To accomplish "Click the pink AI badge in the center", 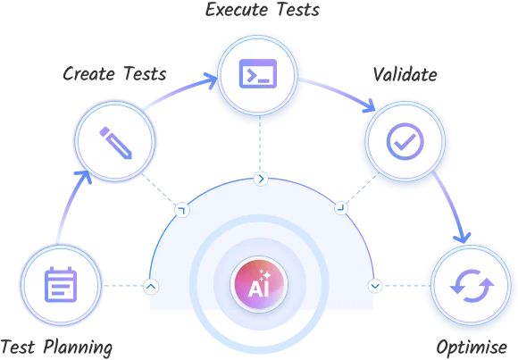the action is point(259,284).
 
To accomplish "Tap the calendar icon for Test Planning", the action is point(61,285).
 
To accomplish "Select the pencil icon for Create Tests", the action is point(115,142).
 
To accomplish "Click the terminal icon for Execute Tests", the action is point(258,74).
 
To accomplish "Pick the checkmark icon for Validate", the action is point(405,141).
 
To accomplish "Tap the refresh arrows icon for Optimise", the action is point(472,286).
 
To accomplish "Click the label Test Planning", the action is point(56,347).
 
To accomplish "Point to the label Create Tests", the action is point(114,74).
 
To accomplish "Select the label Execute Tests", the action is point(263,10).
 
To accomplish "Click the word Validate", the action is point(405,74).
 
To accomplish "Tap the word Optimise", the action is point(472,347).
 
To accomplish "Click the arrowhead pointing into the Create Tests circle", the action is point(84,177).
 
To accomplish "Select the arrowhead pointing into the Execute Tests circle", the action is point(210,80).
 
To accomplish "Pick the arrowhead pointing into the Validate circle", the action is point(368,106).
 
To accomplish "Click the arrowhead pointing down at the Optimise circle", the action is point(463,237).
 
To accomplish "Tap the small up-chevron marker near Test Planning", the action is point(151,286).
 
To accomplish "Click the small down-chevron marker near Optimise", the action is point(375,285).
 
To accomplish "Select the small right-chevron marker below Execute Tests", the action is point(261,179).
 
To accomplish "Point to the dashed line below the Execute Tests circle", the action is point(260,143).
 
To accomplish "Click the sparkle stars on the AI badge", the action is point(264,275).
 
